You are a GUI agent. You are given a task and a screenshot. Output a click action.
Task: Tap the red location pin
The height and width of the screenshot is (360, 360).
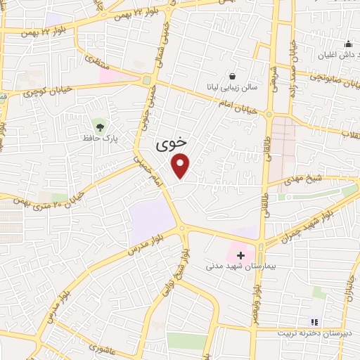tap(181, 166)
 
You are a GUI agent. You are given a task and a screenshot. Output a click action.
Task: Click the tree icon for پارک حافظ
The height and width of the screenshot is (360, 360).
tap(100, 127)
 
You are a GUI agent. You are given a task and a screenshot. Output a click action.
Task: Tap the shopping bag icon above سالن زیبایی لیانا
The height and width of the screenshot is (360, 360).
tap(232, 76)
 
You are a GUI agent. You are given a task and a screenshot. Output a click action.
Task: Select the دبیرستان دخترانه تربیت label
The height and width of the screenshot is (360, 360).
tap(322, 333)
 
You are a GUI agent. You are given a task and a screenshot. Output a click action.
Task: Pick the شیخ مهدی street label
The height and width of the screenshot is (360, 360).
tap(302, 181)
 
